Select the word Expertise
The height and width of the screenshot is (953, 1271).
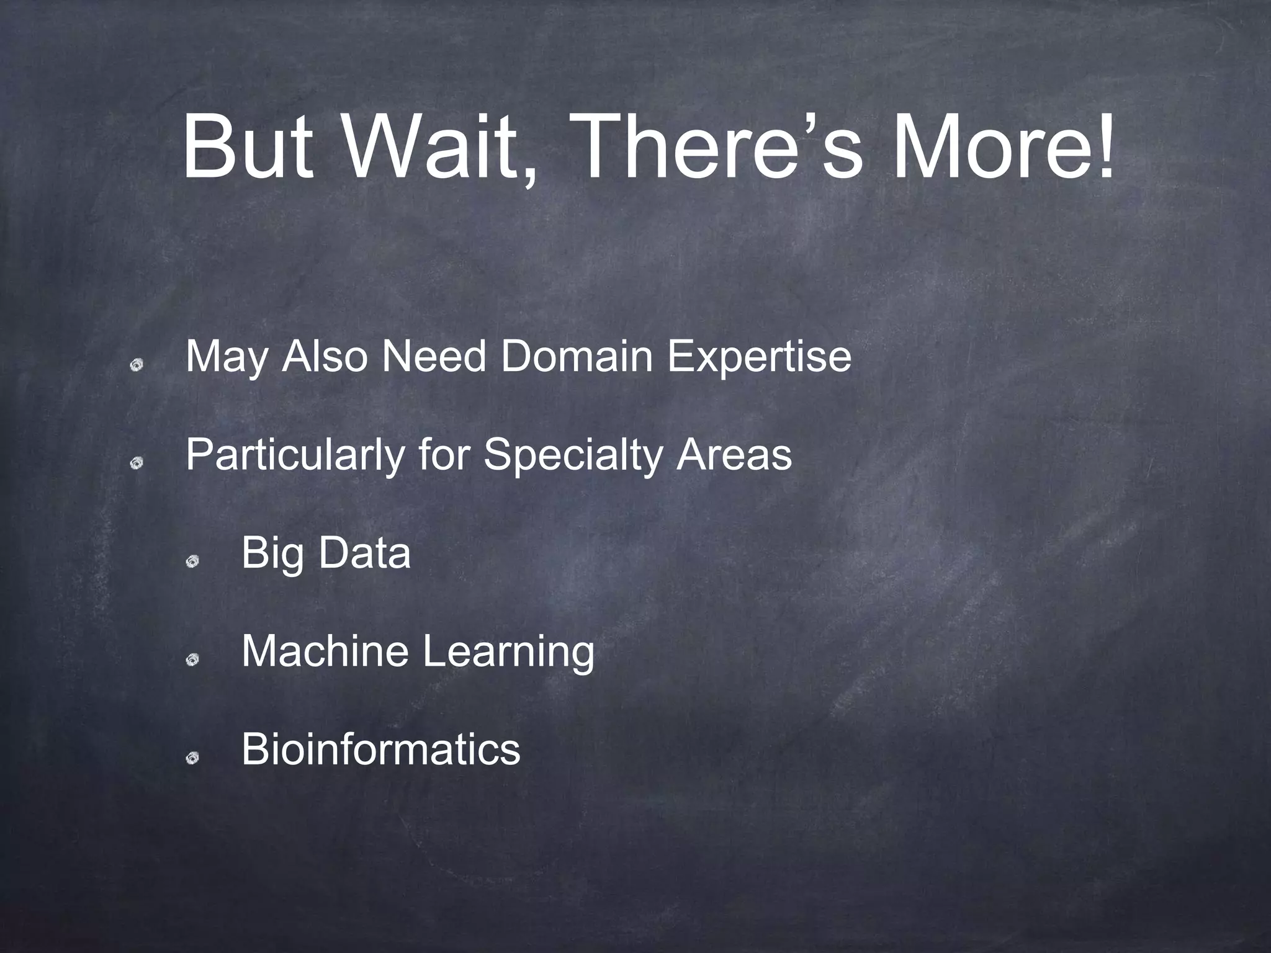point(759,359)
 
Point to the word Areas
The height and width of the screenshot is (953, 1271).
point(734,455)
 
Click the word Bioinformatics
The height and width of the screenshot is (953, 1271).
point(380,749)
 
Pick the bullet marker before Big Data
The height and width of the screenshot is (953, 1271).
point(192,561)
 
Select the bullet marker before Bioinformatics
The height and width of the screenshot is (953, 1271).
point(192,757)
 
